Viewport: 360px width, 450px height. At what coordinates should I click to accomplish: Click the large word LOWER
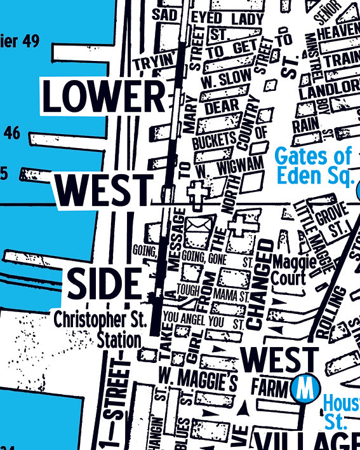[103, 97]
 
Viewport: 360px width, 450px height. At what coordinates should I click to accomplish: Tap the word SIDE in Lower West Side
[103, 284]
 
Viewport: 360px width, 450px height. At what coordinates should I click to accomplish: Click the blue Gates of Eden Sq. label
[314, 164]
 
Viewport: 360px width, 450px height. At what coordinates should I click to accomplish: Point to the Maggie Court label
[290, 269]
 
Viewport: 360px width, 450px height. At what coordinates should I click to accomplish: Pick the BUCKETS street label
[214, 142]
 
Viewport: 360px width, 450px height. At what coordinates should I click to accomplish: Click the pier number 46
[12, 133]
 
